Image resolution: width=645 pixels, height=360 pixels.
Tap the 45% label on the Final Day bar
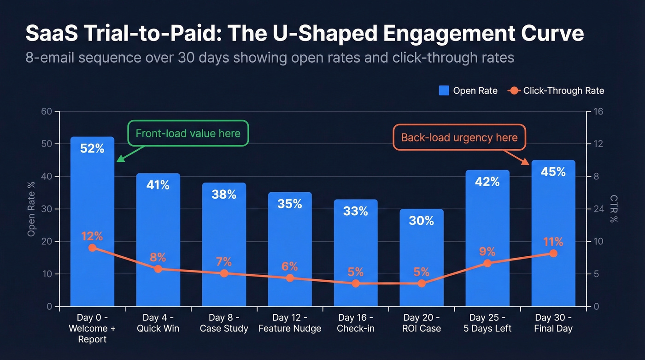553,172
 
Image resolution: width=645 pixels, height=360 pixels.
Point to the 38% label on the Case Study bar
224,195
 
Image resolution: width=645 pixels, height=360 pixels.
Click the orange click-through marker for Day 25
487,263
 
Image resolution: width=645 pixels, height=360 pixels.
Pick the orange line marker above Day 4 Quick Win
158,269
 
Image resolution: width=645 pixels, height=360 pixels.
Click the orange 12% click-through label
92,236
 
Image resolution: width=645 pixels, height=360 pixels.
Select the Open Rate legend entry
468,91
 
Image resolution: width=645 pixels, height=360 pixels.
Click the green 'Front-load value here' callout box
188,134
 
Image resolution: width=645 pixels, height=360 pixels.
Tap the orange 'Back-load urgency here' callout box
459,137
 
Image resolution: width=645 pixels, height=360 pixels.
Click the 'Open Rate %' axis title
31,209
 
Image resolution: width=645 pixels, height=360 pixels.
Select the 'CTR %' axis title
613,209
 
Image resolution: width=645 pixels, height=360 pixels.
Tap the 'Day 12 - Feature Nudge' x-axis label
290,323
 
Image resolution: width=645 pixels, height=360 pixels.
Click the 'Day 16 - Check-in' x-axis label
355,323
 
